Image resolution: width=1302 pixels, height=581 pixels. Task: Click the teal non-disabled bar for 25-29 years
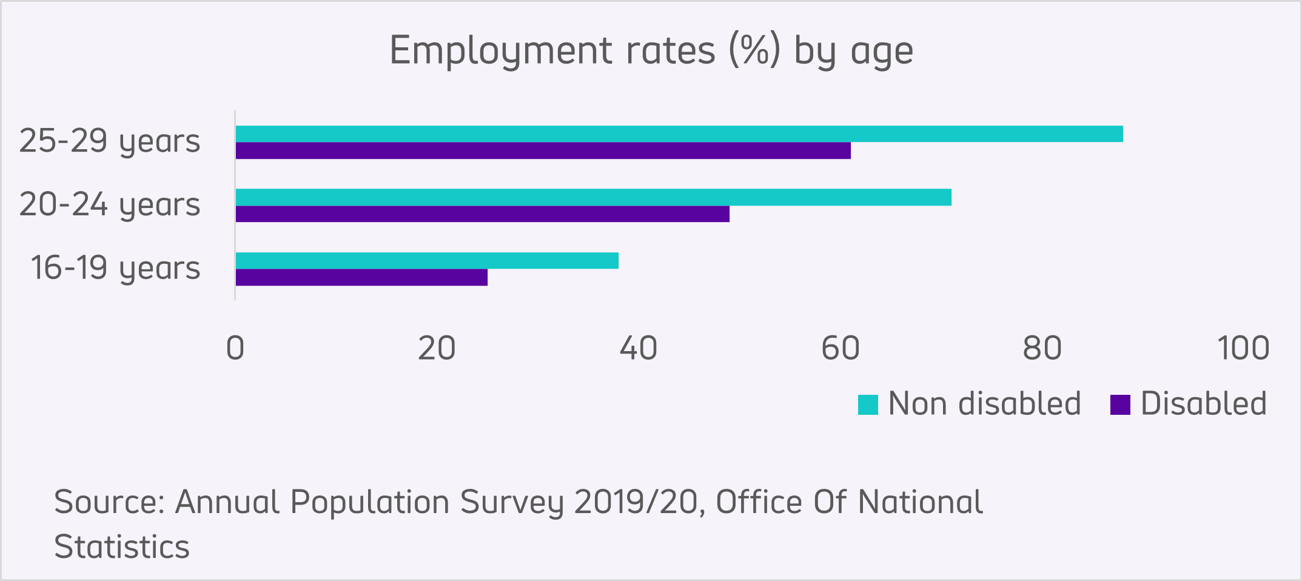click(x=679, y=134)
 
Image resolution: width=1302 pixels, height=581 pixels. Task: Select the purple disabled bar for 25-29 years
click(x=543, y=151)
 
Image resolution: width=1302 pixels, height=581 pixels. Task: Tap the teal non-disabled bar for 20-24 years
click(x=593, y=197)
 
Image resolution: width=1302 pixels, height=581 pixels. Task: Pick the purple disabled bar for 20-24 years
click(x=482, y=214)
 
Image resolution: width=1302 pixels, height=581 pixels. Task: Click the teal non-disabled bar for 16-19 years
click(x=427, y=261)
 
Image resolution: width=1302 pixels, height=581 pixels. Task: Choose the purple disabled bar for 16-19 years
click(x=361, y=278)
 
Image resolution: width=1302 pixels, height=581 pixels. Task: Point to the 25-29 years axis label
click(x=110, y=141)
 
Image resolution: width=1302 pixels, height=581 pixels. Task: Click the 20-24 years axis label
click(x=110, y=204)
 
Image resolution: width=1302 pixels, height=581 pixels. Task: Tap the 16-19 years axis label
click(x=115, y=268)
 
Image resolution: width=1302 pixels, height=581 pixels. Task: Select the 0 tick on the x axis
click(x=235, y=349)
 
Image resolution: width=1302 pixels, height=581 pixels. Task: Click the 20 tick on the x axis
click(x=437, y=349)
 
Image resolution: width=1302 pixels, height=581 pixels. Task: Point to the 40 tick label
click(x=639, y=349)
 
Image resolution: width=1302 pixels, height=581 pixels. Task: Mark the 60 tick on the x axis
click(x=841, y=349)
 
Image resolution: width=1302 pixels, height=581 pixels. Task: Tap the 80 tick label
click(x=1042, y=349)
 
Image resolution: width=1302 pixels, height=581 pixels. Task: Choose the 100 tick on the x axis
click(x=1243, y=349)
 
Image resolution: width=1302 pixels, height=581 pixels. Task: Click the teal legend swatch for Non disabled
click(x=868, y=405)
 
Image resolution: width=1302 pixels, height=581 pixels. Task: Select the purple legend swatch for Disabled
click(x=1120, y=405)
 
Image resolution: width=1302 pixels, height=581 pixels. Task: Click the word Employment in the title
click(x=500, y=51)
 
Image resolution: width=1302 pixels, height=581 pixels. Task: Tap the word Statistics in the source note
click(x=122, y=547)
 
